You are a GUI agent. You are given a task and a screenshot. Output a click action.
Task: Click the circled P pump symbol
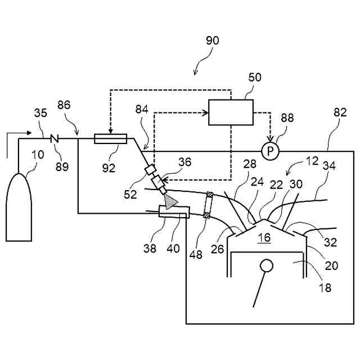click(x=270, y=151)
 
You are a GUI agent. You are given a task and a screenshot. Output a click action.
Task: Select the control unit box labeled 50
click(x=231, y=112)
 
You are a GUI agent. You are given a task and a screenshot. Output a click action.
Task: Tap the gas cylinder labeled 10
click(x=19, y=207)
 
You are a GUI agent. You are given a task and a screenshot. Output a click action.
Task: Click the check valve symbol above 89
click(x=55, y=138)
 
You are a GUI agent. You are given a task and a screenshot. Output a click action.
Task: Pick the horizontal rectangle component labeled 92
click(x=110, y=139)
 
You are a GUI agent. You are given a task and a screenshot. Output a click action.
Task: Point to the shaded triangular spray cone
click(x=170, y=201)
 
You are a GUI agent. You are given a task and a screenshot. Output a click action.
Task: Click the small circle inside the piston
click(x=267, y=265)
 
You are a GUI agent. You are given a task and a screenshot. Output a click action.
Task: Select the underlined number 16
click(x=264, y=237)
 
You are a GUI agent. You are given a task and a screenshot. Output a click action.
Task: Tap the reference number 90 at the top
click(x=213, y=40)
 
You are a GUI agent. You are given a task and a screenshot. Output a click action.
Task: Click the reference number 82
click(x=340, y=112)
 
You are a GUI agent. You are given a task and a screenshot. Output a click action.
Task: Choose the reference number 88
click(x=287, y=118)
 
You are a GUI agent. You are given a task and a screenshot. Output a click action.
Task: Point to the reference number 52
click(x=130, y=195)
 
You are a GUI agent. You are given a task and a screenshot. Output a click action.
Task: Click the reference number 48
click(x=196, y=254)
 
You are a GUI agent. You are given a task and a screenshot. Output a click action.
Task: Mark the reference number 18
click(x=325, y=287)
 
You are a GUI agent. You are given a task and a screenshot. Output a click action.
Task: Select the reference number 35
click(x=40, y=113)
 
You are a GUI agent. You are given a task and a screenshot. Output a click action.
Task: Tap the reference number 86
click(x=64, y=105)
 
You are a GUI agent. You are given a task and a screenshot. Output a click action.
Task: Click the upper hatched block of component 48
click(x=210, y=195)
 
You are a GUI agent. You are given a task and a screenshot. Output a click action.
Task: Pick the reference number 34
click(x=329, y=165)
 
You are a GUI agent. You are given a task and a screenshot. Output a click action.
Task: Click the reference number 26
click(x=217, y=249)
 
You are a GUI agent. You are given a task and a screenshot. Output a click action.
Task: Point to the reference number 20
click(x=331, y=265)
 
